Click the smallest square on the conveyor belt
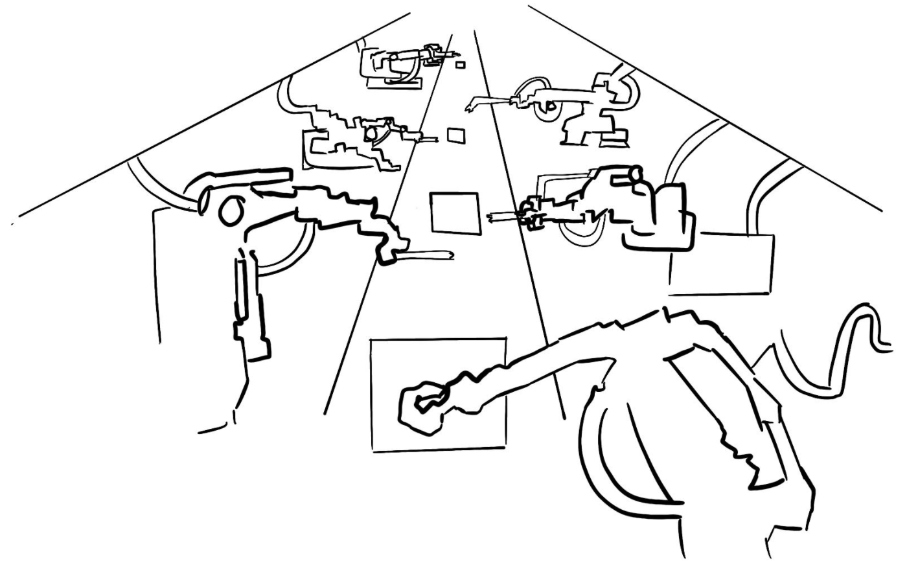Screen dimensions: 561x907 coord(460,64)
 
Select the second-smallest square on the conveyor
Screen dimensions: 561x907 coord(456,135)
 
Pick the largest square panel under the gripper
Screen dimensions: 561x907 coord(439,393)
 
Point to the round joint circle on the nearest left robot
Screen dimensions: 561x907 coord(231,212)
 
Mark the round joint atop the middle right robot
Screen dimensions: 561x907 coord(634,173)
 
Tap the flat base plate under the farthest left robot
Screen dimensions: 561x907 coord(391,83)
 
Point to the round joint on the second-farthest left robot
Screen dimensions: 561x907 coord(372,134)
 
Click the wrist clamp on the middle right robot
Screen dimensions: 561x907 coord(533,214)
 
